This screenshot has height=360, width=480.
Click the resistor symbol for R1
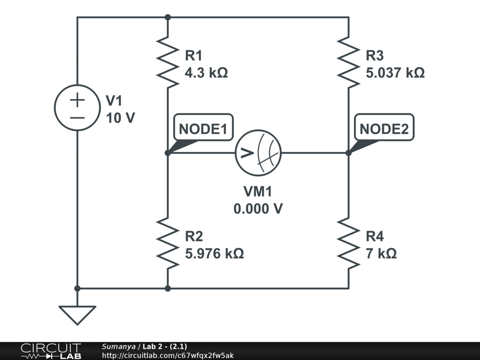click(x=167, y=63)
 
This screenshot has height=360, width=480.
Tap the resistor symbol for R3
click(x=348, y=63)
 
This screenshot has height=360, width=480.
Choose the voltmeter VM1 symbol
click(x=258, y=153)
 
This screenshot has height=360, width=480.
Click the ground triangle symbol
click(x=77, y=315)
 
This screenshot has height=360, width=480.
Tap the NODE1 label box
click(x=203, y=127)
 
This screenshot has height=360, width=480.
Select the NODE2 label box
click(x=384, y=127)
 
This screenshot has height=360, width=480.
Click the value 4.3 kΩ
click(x=206, y=73)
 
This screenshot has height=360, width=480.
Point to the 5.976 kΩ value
click(x=214, y=254)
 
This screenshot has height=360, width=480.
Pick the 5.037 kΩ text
click(x=395, y=73)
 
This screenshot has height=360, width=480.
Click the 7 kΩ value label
click(x=381, y=254)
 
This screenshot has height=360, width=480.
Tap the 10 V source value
click(x=120, y=118)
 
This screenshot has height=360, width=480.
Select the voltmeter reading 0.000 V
click(x=258, y=208)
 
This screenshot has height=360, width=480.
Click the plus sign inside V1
click(x=77, y=99)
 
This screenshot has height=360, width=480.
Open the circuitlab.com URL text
click(x=167, y=355)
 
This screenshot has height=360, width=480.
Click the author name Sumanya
click(x=118, y=346)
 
